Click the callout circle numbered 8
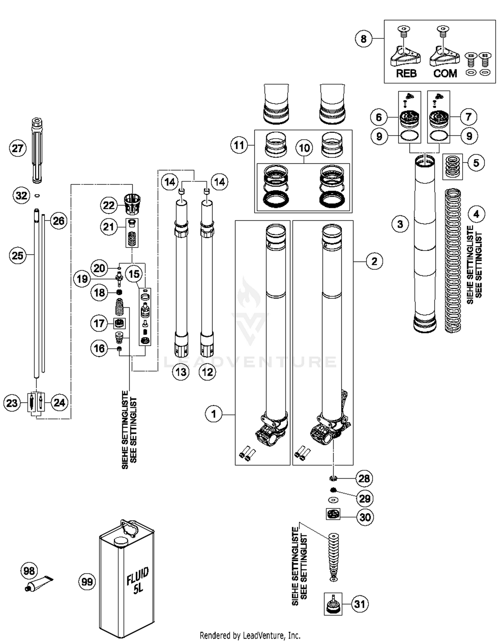[x=363, y=39]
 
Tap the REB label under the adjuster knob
[x=406, y=73]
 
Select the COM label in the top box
[x=445, y=73]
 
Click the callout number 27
[x=17, y=148]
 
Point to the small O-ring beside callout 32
[x=37, y=195]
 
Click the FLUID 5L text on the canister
[x=138, y=581]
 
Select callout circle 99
[x=87, y=582]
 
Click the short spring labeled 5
[x=453, y=167]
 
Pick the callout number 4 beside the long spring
[x=476, y=214]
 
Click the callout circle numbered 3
[x=400, y=224]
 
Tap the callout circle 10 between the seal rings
[x=304, y=148]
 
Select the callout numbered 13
[x=181, y=372]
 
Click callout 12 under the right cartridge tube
[x=207, y=372]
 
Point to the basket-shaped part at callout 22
[x=133, y=203]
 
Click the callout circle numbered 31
[x=360, y=604]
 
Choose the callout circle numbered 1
[x=214, y=414]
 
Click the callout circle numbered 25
[x=17, y=256]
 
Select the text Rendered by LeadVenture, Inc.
[x=250, y=635]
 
